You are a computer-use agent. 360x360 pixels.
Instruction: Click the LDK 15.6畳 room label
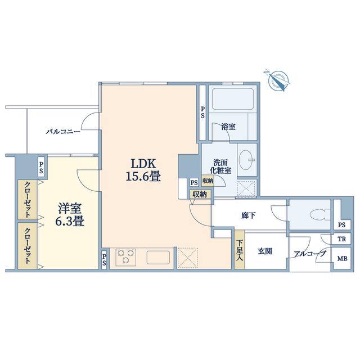tap(143, 170)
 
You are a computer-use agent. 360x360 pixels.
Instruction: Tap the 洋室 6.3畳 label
tap(70, 215)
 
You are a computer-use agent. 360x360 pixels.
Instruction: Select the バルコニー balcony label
tap(63, 132)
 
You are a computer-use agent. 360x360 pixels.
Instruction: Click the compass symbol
tap(278, 80)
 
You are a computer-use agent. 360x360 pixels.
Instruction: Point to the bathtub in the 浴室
tap(233, 99)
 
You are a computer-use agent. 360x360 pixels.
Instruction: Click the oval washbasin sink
tap(246, 160)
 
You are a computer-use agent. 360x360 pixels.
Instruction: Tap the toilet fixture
tap(319, 214)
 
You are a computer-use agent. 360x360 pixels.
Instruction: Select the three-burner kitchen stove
tap(126, 257)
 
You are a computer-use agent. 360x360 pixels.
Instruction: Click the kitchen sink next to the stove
tap(158, 258)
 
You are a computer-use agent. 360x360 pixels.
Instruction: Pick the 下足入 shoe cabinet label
tap(240, 250)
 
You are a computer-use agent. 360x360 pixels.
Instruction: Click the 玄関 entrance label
tap(265, 251)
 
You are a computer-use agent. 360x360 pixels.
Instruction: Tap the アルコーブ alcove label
tap(310, 253)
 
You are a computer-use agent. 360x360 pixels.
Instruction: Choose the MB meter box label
tap(342, 259)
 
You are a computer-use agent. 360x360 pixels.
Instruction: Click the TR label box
tap(341, 238)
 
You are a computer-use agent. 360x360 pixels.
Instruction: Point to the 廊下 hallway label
tap(249, 215)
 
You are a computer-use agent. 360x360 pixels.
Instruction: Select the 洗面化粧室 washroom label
tap(220, 166)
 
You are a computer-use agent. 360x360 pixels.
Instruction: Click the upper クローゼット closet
tap(28, 199)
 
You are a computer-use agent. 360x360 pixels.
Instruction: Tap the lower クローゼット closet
tap(28, 245)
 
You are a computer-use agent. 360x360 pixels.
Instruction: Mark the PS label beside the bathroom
tap(202, 112)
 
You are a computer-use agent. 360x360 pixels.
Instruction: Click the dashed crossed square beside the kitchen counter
tap(188, 258)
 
